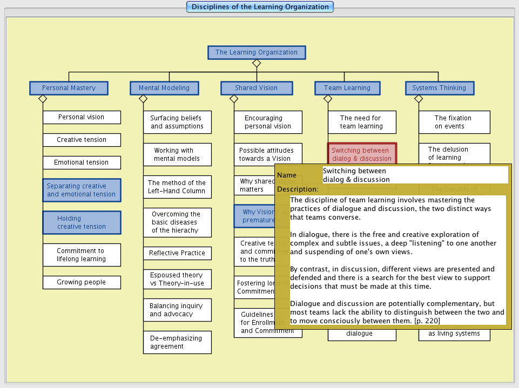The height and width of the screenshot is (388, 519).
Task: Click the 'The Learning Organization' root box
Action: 257,52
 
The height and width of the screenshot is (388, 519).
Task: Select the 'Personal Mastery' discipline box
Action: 69,88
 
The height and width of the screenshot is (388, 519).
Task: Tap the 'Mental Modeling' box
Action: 164,88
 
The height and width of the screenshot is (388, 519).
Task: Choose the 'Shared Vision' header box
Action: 256,88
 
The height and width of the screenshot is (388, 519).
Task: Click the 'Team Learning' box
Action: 347,88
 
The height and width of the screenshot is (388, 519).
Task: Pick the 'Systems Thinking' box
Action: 439,88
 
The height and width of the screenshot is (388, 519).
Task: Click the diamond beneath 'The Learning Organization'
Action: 257,63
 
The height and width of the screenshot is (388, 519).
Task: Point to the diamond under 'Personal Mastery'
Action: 43,99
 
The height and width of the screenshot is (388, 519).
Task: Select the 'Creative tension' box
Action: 82,140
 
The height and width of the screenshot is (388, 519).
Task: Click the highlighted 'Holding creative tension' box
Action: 82,222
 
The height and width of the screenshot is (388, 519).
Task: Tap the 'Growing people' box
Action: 82,282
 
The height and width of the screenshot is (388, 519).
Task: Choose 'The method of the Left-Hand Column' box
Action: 177,187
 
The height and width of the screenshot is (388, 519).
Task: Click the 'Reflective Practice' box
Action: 177,253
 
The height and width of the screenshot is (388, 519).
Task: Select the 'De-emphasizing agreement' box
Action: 177,342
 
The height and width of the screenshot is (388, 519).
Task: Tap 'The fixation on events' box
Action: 454,122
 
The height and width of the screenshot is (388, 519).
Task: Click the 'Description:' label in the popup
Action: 298,189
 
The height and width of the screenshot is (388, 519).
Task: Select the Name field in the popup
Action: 415,175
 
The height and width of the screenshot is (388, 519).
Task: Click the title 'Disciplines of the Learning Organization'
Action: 260,7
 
